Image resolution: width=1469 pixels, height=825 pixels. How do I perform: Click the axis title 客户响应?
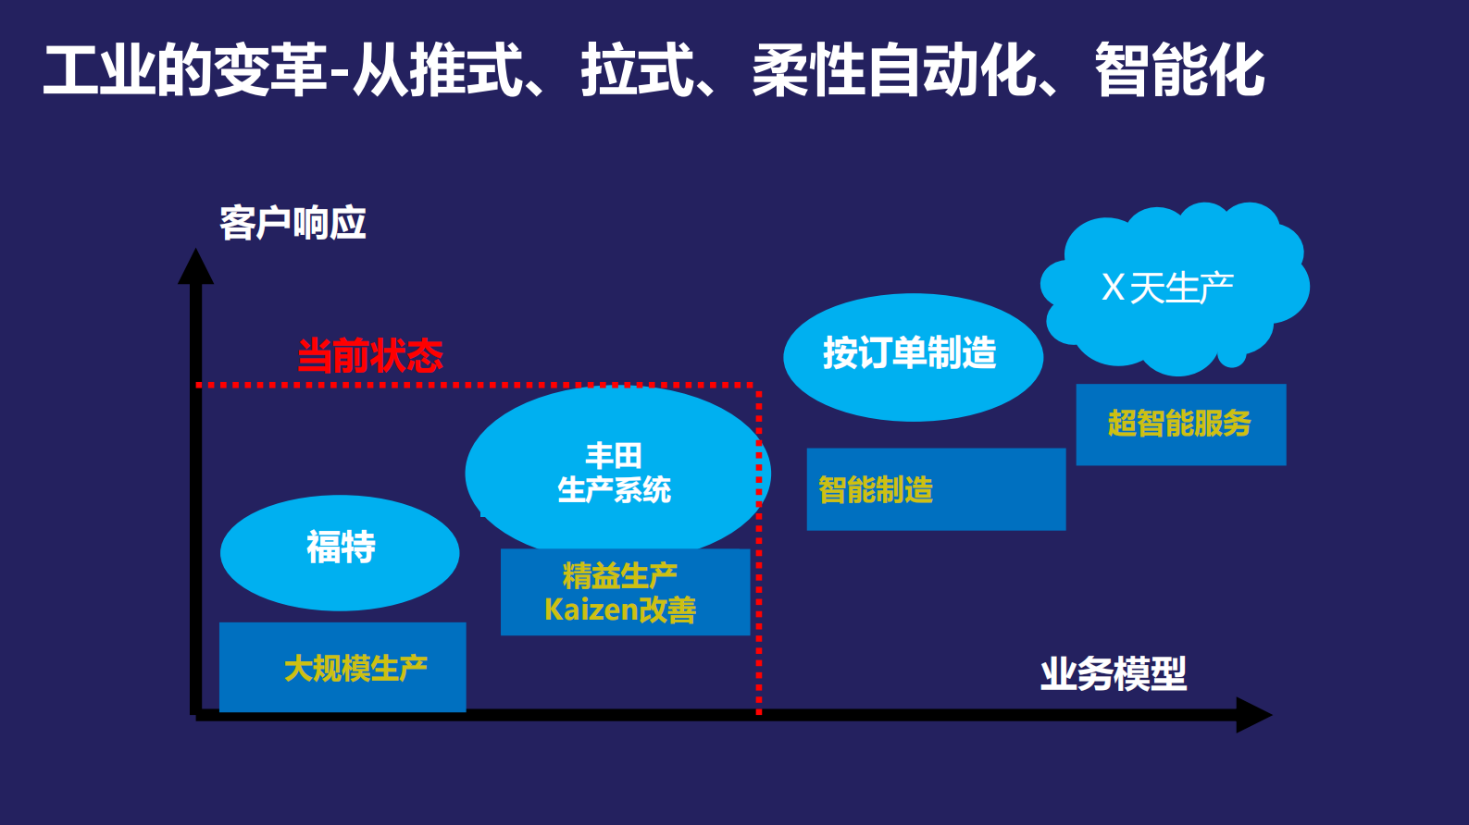pos(293,224)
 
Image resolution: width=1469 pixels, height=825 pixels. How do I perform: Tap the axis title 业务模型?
pos(1113,673)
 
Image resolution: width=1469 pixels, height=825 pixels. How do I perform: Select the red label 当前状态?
pos(370,356)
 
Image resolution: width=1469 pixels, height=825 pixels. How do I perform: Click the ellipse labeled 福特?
pos(340,552)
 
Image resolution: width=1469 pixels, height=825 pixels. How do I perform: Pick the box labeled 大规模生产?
pos(342,667)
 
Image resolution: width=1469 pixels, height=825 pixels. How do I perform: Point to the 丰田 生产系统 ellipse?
pos(615,472)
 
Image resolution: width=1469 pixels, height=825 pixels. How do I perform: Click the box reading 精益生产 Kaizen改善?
pos(625,592)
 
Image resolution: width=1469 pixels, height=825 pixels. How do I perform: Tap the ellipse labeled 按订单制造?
pos(912,356)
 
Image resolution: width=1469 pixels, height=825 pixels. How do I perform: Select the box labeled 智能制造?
pos(935,489)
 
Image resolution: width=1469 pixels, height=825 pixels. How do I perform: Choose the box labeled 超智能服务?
pos(1180,424)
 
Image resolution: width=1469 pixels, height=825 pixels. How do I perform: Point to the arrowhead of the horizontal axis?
pos(1253,714)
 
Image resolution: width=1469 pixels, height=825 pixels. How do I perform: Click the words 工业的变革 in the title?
pos(185,71)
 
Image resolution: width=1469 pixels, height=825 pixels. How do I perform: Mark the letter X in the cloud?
pos(1113,288)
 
